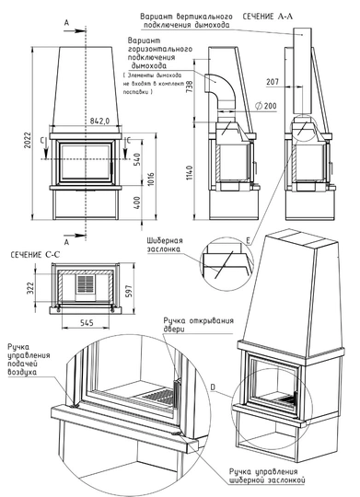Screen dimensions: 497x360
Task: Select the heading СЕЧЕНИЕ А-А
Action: click(x=273, y=17)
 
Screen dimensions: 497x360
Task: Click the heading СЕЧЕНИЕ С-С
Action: click(x=36, y=255)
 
